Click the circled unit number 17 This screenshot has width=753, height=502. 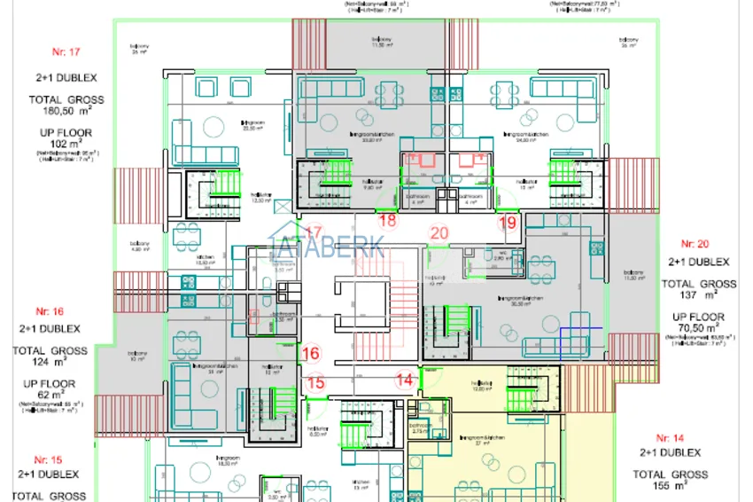point(314,232)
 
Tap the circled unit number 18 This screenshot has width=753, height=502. point(387,221)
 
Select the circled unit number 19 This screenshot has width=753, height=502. point(507,223)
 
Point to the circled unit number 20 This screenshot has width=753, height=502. point(439,233)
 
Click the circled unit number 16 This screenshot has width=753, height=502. point(310,353)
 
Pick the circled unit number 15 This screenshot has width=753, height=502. point(315,383)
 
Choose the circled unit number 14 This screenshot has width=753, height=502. point(405,380)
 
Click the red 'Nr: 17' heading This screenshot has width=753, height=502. point(66,53)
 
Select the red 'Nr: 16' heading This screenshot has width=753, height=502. point(49,311)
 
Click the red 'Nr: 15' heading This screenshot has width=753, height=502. point(49,459)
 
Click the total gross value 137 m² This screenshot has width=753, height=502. point(699,295)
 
